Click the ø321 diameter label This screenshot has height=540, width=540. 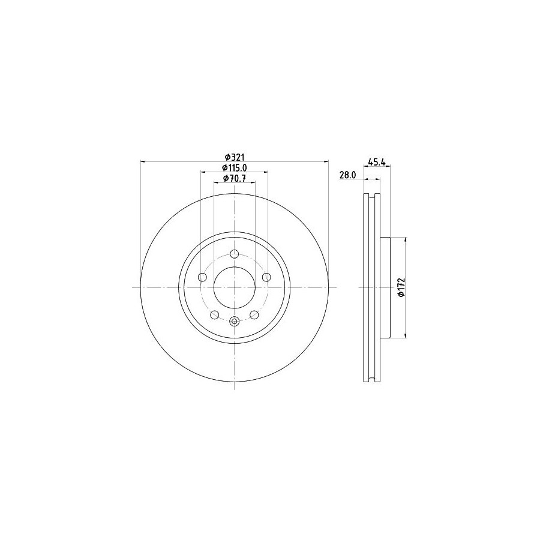click(235, 157)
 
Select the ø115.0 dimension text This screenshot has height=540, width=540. click(235, 168)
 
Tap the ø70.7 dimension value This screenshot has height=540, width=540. click(235, 178)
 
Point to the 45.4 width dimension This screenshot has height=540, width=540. click(377, 161)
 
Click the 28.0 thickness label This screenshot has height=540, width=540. click(347, 175)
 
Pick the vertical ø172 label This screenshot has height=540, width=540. click(401, 287)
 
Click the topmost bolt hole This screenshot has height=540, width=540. click(234, 254)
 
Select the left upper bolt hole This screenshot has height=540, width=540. click(203, 277)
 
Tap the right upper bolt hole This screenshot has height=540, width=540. click(266, 277)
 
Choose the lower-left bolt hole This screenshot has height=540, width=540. click(215, 314)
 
